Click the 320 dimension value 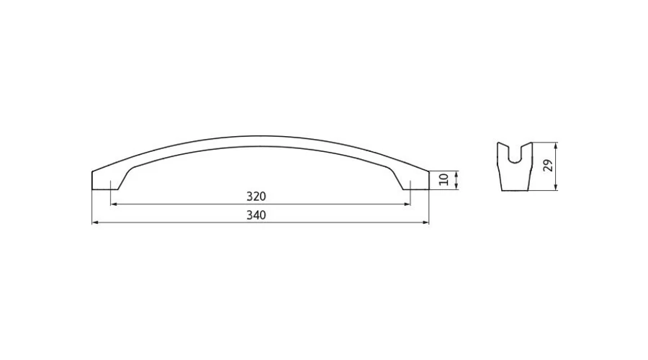pyautogui.click(x=256, y=197)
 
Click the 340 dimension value pyautogui.click(x=256, y=215)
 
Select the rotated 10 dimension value pyautogui.click(x=444, y=179)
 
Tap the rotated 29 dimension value pyautogui.click(x=548, y=166)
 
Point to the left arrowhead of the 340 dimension pyautogui.click(x=94, y=222)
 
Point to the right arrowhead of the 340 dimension pyautogui.click(x=426, y=222)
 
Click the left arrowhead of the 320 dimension pyautogui.click(x=114, y=204)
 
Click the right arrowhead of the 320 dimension pyautogui.click(x=407, y=204)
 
